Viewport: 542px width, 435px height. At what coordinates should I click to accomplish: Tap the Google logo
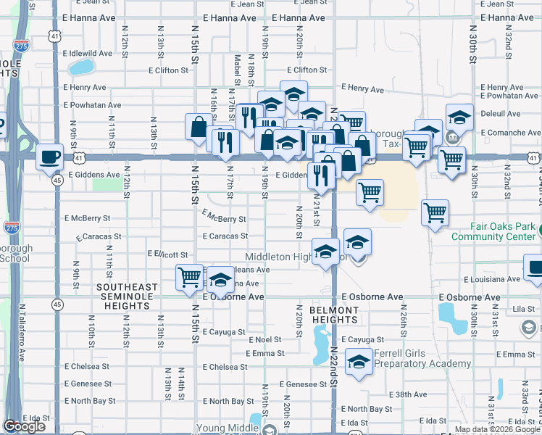pos(25,426)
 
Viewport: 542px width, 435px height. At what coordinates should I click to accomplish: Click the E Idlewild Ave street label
pos(88,54)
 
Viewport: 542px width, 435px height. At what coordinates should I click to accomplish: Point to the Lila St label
pos(523,310)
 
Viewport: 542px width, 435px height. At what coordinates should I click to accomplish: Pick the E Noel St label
pos(264,339)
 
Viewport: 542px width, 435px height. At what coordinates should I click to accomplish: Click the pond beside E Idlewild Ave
pos(81,68)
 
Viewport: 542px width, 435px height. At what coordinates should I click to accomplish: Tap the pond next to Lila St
pos(452,315)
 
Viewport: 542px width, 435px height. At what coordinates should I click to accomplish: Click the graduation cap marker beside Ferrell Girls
pos(358,362)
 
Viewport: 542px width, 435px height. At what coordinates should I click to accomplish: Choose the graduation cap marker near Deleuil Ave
pos(459,117)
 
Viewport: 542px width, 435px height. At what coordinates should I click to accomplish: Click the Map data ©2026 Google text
pos(497,429)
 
